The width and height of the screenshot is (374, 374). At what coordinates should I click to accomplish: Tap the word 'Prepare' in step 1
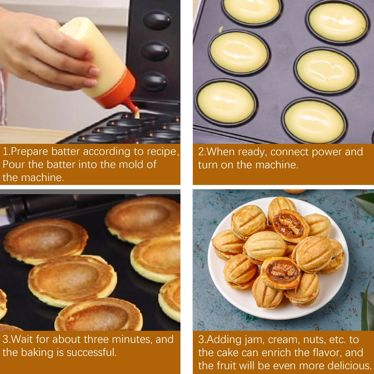(30, 152)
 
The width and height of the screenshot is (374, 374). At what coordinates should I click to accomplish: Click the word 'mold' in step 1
(128, 164)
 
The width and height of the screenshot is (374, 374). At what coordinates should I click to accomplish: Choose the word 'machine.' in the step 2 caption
(277, 165)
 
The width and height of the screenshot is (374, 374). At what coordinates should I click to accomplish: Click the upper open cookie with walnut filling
(290, 225)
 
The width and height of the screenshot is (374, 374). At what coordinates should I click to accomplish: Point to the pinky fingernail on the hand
(91, 83)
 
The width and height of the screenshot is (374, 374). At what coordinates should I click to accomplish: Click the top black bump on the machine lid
(157, 20)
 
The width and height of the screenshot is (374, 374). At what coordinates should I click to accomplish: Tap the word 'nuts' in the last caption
(314, 340)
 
